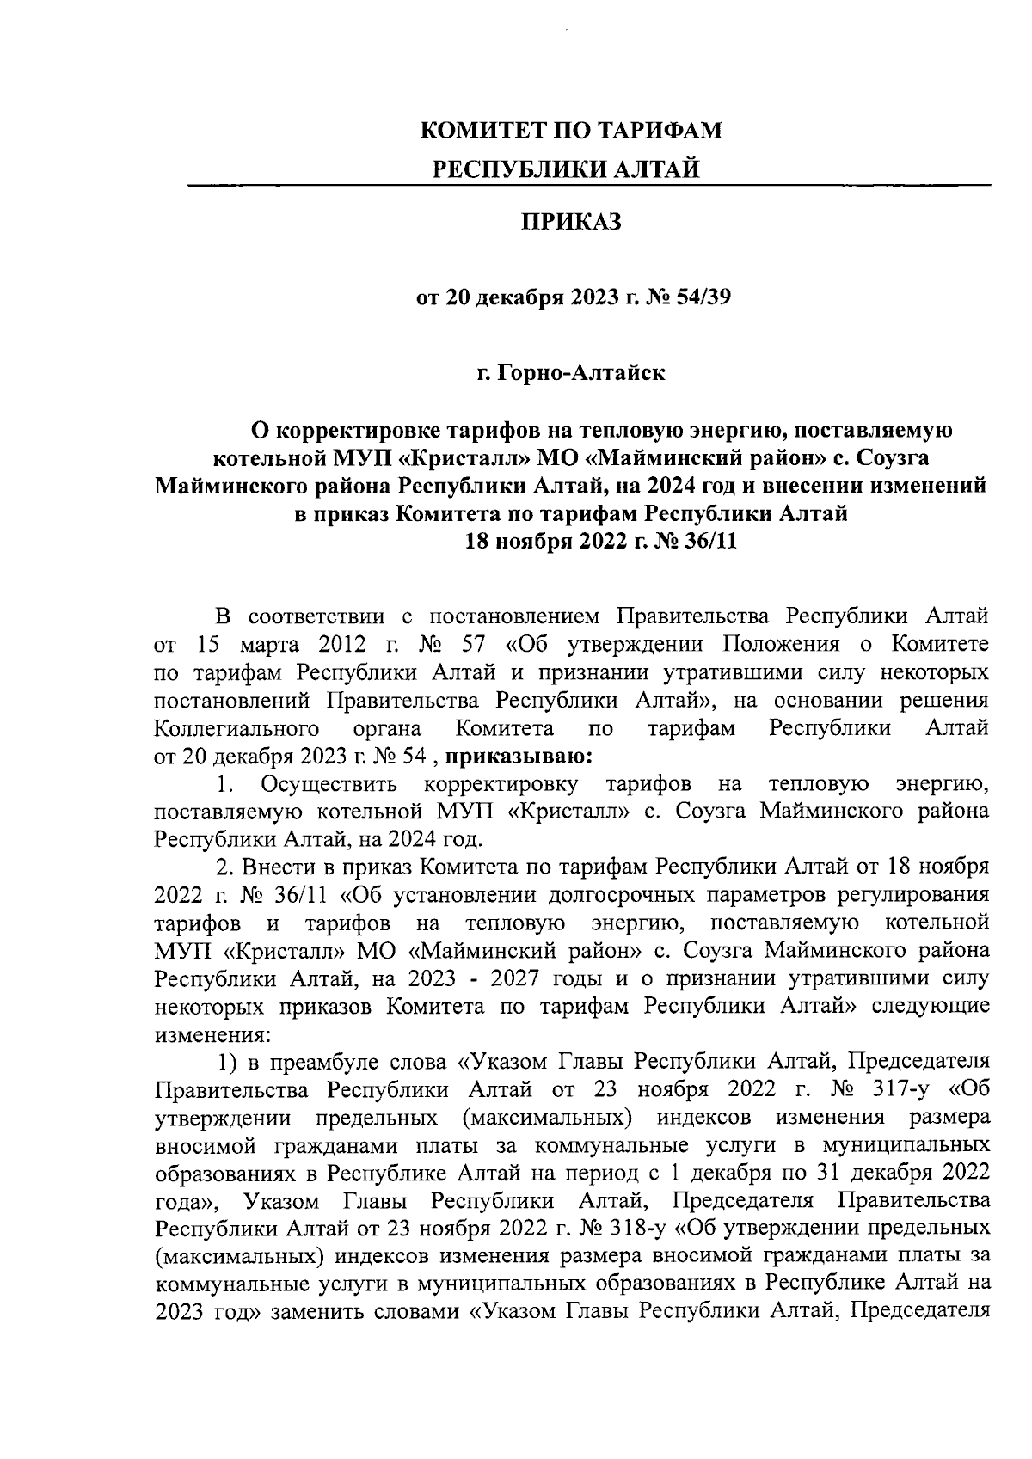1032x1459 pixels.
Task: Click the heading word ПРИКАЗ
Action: coord(571,223)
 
